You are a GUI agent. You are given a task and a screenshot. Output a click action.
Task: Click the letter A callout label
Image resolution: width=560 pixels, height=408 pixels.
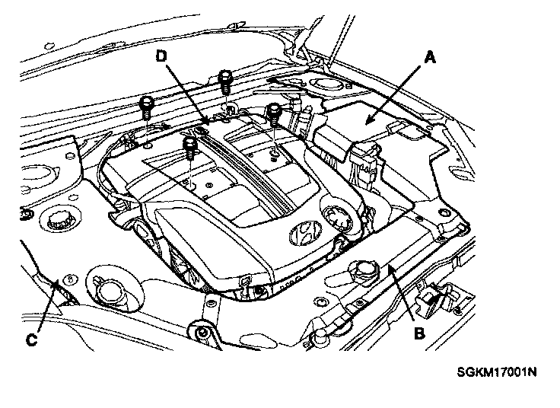(x=430, y=56)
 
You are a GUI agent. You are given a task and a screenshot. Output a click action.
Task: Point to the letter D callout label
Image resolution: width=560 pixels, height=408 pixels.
(x=162, y=56)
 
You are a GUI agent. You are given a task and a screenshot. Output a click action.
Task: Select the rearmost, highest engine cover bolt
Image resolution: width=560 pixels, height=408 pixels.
(x=225, y=78)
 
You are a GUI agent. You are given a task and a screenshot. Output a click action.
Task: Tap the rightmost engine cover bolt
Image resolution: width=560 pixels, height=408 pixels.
(x=272, y=113)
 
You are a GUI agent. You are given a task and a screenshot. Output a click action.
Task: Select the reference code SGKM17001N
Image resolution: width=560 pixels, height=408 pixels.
(x=497, y=373)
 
